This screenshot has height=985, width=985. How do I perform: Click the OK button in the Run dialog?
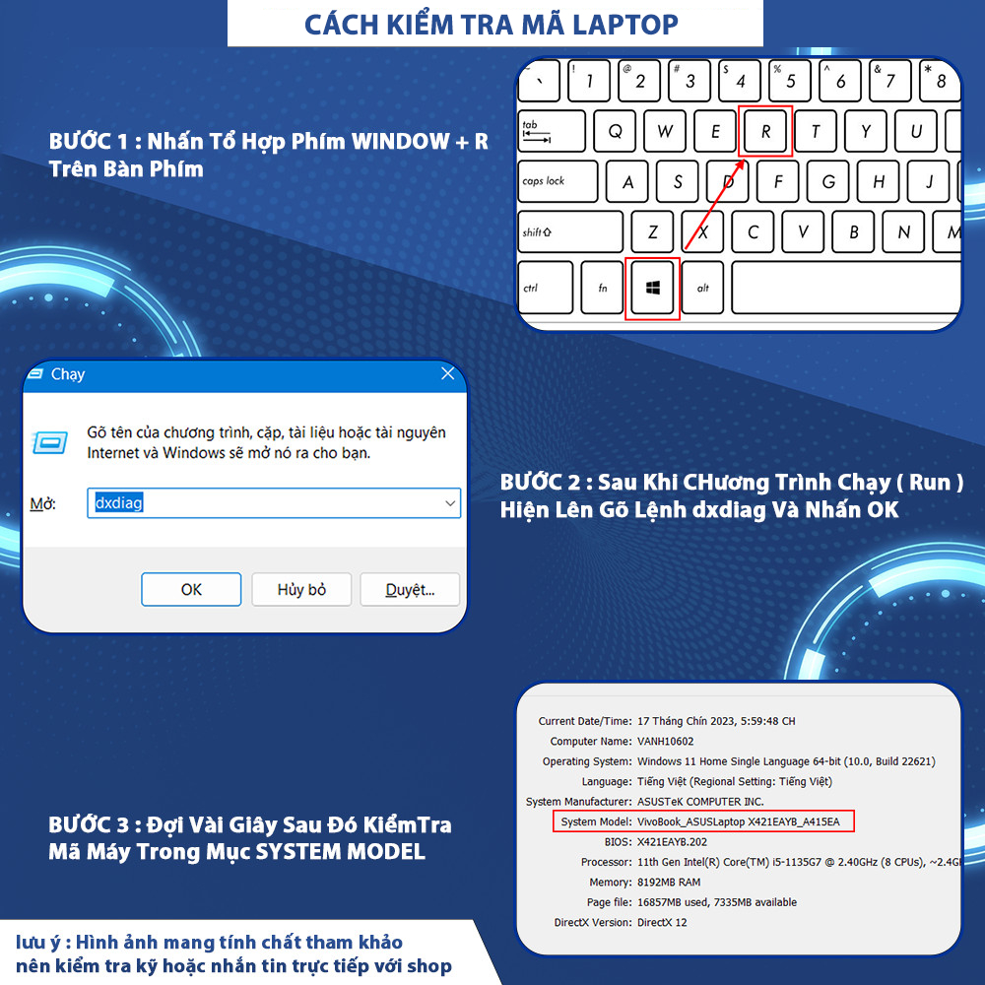click(191, 589)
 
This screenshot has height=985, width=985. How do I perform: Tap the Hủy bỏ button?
click(301, 589)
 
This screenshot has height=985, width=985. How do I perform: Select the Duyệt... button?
click(410, 589)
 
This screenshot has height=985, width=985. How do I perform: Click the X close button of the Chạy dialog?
click(448, 373)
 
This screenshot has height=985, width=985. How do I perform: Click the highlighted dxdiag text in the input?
click(119, 502)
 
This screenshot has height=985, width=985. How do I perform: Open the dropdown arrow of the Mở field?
click(450, 503)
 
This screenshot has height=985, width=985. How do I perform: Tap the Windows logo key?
click(652, 288)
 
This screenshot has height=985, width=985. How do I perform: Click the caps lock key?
click(558, 181)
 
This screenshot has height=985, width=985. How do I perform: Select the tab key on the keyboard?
click(552, 131)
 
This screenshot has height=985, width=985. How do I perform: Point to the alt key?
click(702, 288)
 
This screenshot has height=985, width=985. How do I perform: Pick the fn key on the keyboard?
click(602, 288)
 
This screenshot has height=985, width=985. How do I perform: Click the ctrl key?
click(546, 288)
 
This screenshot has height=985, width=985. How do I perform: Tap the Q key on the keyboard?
click(615, 131)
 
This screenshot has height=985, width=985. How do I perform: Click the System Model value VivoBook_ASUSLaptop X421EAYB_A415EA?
click(738, 821)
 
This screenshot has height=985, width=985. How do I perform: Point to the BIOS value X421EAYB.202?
click(672, 842)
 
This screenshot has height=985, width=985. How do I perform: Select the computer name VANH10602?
click(665, 742)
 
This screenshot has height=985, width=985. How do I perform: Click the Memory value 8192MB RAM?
click(669, 882)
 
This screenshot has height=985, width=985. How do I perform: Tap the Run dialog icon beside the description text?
click(50, 443)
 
